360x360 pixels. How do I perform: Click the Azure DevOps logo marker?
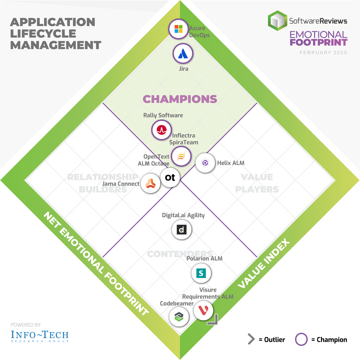point(178,29)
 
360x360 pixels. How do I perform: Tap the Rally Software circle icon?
point(161,130)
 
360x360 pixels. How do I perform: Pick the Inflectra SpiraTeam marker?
point(181,156)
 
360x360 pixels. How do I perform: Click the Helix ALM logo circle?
point(205,163)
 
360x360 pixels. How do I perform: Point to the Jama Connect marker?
point(150,183)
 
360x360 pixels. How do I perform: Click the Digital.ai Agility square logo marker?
point(182,230)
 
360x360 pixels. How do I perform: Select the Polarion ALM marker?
point(201,274)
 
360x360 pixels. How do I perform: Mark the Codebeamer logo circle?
point(179,316)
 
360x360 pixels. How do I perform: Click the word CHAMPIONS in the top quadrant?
point(180,99)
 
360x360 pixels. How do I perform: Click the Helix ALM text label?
point(231,163)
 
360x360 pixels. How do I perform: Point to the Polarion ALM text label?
point(205,258)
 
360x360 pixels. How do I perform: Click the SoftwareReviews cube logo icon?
point(278,21)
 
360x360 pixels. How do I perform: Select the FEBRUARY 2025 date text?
point(323,53)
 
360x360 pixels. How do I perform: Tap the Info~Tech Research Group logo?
point(40,336)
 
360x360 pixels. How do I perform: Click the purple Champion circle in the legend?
point(301,339)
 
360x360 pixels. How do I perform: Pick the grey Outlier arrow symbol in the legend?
point(251,339)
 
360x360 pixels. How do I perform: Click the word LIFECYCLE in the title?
point(43,33)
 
